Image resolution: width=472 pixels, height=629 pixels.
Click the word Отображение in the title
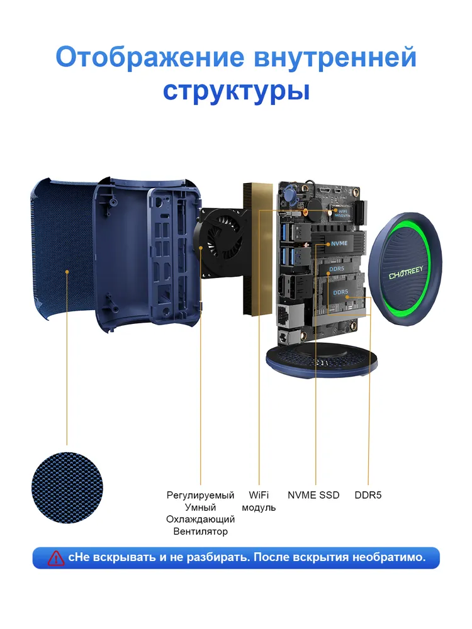coord(150,57)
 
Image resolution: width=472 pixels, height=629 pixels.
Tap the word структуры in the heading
coord(237,91)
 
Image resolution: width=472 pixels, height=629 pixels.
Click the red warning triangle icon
coord(56,558)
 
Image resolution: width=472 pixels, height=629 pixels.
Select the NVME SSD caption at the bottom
coord(313,495)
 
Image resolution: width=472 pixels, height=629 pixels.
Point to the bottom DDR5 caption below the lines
coord(368,495)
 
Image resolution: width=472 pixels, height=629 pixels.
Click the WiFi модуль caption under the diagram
coord(259,501)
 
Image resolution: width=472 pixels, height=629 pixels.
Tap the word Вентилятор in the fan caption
coord(200,532)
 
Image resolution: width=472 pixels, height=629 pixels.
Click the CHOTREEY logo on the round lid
coord(406,273)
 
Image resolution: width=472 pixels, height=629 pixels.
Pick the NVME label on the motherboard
coord(339,243)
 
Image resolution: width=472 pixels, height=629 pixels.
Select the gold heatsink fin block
coord(257,248)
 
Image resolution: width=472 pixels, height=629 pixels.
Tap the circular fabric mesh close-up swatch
coord(67,488)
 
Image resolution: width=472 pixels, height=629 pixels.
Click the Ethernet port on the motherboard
coord(284,315)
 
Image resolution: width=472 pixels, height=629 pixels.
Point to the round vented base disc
coord(322,362)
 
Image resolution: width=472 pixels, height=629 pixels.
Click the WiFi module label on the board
coord(342,213)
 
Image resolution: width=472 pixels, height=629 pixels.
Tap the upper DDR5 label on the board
coord(336,269)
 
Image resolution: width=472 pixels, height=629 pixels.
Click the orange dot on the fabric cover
coord(67,272)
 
